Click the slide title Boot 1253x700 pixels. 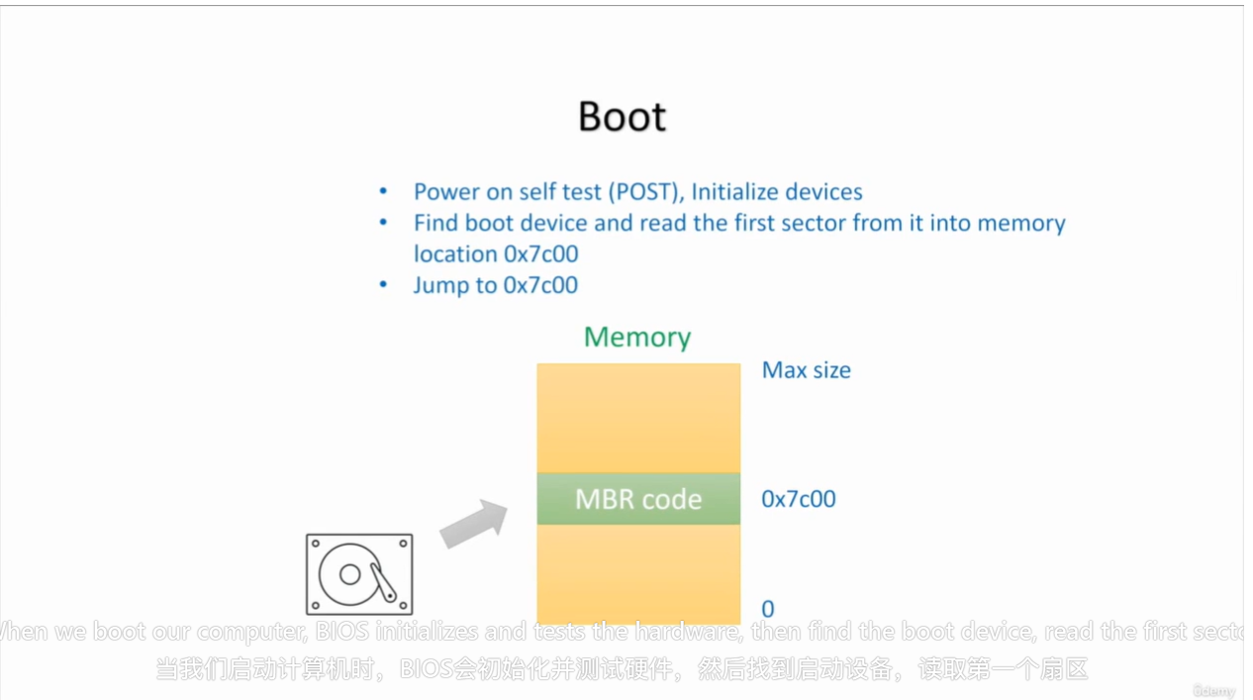(x=622, y=116)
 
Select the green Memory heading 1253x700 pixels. (x=636, y=337)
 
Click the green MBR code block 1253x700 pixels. (x=638, y=499)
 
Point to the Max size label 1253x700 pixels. (x=806, y=370)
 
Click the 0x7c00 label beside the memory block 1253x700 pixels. (x=798, y=499)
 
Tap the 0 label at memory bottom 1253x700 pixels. (x=768, y=609)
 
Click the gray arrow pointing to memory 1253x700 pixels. (x=473, y=524)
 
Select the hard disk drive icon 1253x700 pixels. (x=359, y=574)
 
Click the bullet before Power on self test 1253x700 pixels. (x=384, y=192)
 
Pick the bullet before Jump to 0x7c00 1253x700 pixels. (x=384, y=285)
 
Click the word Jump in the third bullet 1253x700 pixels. (x=440, y=286)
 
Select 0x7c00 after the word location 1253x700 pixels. (x=540, y=254)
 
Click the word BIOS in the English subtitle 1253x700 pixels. (x=342, y=632)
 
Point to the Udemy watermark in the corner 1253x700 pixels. (x=1213, y=691)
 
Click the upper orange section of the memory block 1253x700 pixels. (x=638, y=418)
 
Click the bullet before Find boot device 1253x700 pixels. (x=384, y=223)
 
